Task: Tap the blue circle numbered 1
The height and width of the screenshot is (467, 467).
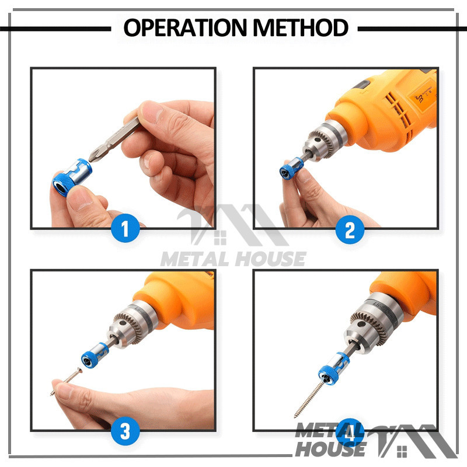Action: tap(126, 228)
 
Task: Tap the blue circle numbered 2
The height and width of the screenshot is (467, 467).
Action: tap(350, 229)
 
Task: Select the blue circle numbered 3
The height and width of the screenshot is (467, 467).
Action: tap(126, 431)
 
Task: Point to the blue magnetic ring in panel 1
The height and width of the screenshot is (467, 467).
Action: tap(72, 178)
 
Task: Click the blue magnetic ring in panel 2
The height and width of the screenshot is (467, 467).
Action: tap(291, 169)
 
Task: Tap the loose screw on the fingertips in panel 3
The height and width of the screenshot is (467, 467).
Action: tap(67, 381)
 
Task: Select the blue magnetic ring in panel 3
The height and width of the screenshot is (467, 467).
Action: tap(93, 356)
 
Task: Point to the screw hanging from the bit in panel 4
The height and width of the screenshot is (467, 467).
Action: tap(310, 398)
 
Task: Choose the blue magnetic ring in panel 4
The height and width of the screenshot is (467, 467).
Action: tap(333, 370)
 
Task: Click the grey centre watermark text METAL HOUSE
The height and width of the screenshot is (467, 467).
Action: tap(233, 259)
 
